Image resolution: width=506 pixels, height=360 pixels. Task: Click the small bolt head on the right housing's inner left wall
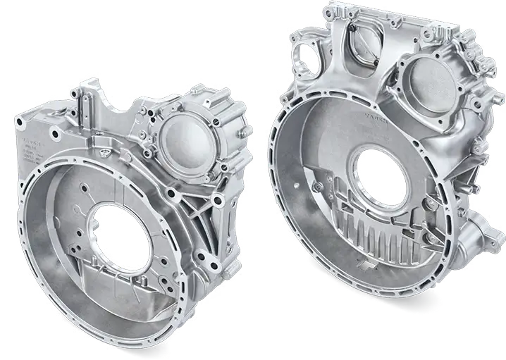coord(319,185)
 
